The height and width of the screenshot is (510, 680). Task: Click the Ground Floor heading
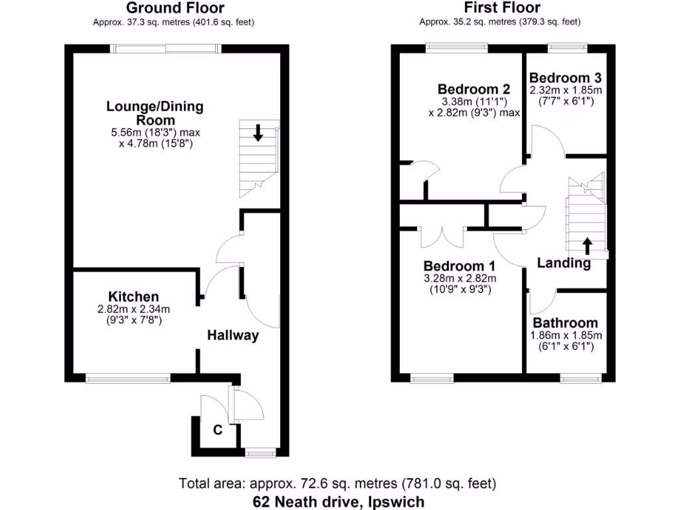(x=175, y=8)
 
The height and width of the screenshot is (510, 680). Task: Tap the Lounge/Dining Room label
(x=155, y=113)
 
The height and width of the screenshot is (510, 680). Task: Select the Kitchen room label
(x=133, y=296)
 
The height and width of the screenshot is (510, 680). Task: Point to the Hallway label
(x=232, y=335)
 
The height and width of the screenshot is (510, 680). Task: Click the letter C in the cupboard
(x=217, y=430)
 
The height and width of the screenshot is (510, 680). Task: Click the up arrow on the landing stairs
(x=587, y=246)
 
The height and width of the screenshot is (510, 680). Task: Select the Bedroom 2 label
(x=473, y=89)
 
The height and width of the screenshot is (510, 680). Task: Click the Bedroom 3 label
(x=565, y=77)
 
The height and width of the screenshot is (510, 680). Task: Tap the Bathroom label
(x=564, y=323)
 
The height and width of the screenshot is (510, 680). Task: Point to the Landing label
(x=564, y=263)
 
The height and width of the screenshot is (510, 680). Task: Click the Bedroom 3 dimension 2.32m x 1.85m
(x=565, y=90)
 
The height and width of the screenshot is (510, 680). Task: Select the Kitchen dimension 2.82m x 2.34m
(x=133, y=309)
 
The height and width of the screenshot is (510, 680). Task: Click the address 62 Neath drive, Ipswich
(x=338, y=501)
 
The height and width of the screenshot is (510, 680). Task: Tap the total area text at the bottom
(x=338, y=483)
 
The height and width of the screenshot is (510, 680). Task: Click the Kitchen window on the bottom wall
(x=127, y=379)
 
